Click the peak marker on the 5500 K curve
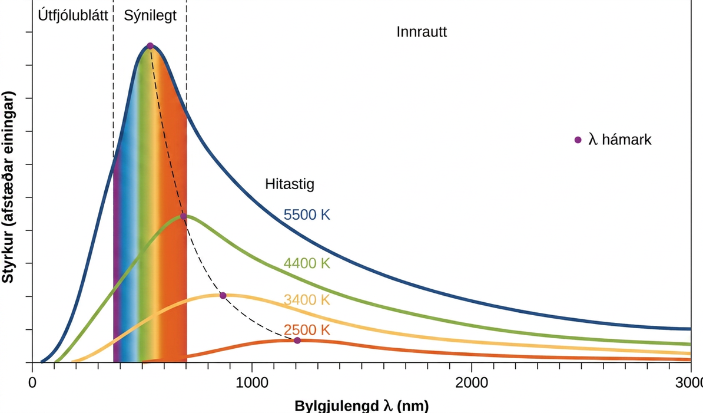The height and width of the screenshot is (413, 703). tap(150, 46)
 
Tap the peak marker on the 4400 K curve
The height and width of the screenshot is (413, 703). tap(183, 216)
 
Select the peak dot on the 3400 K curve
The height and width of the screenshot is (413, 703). tap(223, 296)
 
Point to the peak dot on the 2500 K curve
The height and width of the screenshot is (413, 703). tap(297, 341)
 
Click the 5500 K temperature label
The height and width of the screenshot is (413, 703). tap(307, 215)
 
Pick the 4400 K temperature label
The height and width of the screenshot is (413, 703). tap(307, 263)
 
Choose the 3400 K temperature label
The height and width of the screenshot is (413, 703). tap(307, 299)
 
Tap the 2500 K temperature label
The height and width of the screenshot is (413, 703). tap(307, 330)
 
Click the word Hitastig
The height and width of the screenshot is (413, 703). tap(290, 184)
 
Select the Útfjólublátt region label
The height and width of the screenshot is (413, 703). tap(73, 15)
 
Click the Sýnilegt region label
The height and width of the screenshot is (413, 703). tap(150, 16)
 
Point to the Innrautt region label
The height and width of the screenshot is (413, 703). tap(422, 32)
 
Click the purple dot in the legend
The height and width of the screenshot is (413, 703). tap(578, 140)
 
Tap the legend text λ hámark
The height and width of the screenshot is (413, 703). tap(619, 140)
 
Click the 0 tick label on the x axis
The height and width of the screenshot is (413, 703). tap(32, 383)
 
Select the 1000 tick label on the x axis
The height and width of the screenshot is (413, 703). tap(251, 383)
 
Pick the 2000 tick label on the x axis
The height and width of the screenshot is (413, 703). tap(471, 383)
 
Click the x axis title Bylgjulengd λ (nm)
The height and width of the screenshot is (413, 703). tap(362, 406)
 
